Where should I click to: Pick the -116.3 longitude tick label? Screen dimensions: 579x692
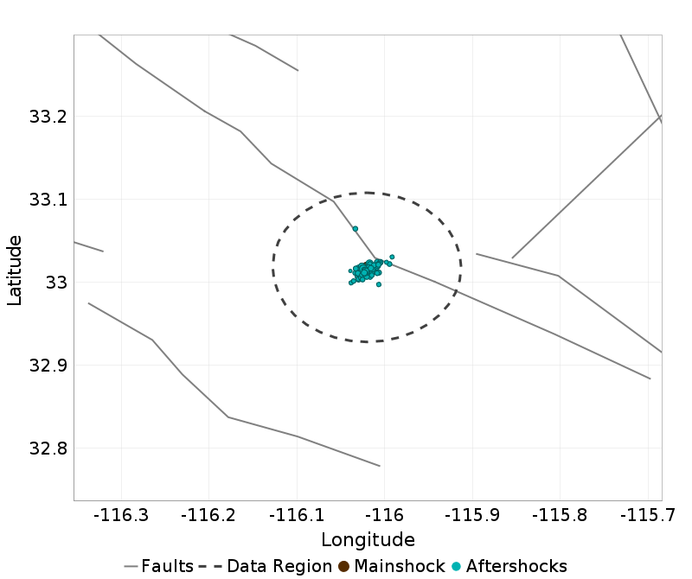tap(124, 516)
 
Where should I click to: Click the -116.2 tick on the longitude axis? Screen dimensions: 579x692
tap(211, 516)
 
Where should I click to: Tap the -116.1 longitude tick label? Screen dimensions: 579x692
tap(298, 516)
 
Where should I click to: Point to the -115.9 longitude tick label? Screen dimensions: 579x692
tap(473, 516)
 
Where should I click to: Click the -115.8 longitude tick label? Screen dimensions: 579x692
tap(561, 516)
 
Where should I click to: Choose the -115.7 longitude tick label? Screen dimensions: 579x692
tap(648, 516)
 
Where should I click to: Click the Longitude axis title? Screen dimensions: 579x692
tap(368, 540)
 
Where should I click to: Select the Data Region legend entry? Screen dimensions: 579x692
tap(278, 567)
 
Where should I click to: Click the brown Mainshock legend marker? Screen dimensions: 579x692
tap(343, 567)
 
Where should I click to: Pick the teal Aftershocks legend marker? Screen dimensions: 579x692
tap(456, 567)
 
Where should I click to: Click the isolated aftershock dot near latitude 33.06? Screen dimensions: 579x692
tap(356, 229)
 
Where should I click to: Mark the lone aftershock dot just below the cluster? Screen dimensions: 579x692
tap(379, 284)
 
